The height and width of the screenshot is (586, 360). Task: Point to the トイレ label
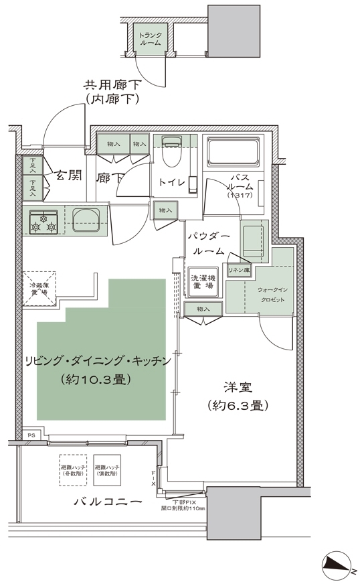point(172,181)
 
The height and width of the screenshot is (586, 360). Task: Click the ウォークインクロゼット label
point(270,295)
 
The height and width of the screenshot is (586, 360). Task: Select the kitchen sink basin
point(86,220)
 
